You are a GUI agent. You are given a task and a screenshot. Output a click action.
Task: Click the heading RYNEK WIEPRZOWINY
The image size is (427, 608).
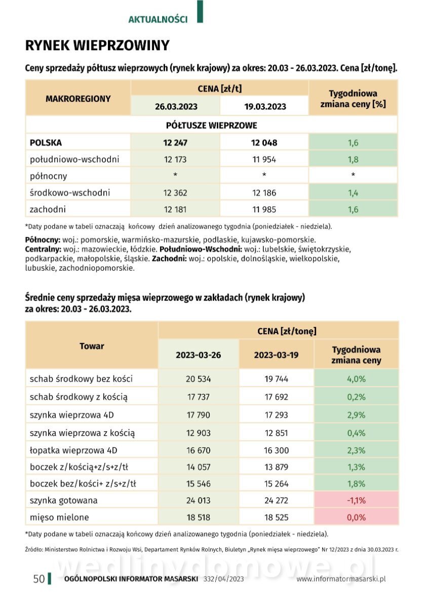[97, 46]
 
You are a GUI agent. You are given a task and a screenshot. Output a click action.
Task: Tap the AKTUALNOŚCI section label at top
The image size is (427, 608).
[158, 19]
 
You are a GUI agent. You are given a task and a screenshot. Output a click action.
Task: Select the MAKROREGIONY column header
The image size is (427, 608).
[78, 99]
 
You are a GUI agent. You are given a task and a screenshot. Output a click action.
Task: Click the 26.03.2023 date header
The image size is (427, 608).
[176, 106]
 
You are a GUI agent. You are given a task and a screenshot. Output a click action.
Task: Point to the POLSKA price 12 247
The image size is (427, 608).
[175, 143]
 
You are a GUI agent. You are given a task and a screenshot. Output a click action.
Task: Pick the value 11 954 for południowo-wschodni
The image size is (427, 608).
[264, 160]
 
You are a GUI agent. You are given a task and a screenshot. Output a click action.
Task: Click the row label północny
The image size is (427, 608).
[48, 176]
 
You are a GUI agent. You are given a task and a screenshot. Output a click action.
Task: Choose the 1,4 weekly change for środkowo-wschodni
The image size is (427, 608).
[353, 193]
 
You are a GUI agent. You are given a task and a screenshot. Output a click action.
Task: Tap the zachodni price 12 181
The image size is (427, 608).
[175, 209]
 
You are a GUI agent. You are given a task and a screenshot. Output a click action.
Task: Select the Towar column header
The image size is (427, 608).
[92, 346]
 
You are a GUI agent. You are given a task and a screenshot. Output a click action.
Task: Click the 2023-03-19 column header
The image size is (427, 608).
[276, 355]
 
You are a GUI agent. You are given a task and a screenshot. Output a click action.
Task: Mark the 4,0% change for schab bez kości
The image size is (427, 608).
[356, 378]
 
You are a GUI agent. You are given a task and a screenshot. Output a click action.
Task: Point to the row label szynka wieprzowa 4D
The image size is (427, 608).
[72, 415]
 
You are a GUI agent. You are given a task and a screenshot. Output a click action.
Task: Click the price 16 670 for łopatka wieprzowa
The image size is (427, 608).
[199, 450]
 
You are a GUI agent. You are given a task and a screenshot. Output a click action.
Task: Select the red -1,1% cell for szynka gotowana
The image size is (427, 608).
[356, 501]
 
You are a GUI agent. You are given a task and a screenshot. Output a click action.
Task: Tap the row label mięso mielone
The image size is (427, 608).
[59, 517]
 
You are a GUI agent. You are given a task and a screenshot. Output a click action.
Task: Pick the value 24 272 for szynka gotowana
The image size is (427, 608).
[276, 501]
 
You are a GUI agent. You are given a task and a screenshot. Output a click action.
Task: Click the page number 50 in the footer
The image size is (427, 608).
[39, 579]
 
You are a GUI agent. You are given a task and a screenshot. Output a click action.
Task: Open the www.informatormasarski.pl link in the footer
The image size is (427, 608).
[341, 579]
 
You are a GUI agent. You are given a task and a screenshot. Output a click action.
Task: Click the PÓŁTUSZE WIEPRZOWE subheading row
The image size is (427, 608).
[211, 125]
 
